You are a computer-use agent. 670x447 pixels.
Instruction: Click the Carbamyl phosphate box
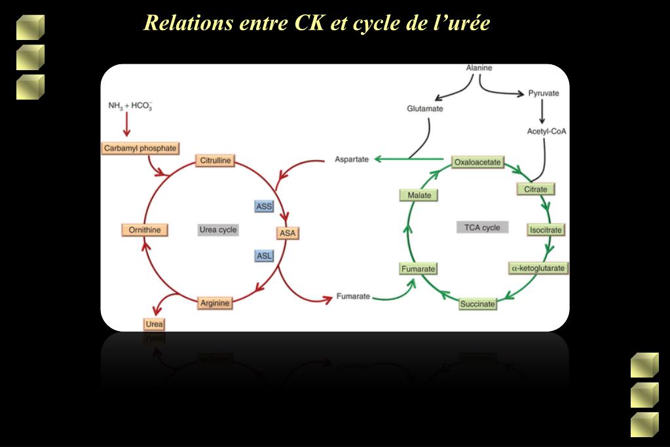click(x=140, y=148)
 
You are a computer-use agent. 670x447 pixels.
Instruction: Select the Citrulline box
click(x=215, y=161)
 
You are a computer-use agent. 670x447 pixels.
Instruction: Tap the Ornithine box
click(x=145, y=230)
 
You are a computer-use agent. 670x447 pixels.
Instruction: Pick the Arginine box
click(x=215, y=303)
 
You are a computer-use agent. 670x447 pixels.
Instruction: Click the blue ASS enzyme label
click(x=264, y=206)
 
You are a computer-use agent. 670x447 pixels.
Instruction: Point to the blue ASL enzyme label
click(x=264, y=256)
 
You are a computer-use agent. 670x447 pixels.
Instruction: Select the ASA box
click(x=288, y=233)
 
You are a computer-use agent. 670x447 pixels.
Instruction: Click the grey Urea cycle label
click(x=218, y=229)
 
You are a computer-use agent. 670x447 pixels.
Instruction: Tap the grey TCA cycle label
click(x=483, y=227)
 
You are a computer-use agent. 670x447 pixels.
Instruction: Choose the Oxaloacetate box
click(x=477, y=163)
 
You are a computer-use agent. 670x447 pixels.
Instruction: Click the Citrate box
click(x=535, y=189)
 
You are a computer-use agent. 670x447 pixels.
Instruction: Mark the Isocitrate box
click(x=546, y=230)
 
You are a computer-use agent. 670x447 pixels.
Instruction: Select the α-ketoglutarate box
click(x=538, y=268)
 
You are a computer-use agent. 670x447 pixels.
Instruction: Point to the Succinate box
click(x=477, y=304)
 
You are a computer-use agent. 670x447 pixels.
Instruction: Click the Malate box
click(x=419, y=195)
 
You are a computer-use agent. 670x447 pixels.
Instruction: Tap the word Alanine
click(x=479, y=68)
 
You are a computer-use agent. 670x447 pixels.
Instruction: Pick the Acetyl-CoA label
click(x=546, y=131)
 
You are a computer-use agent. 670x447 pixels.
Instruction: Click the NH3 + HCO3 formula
click(x=130, y=106)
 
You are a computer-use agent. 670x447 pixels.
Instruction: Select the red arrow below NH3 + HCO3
click(x=126, y=125)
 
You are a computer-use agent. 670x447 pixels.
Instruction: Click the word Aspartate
click(x=352, y=159)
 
